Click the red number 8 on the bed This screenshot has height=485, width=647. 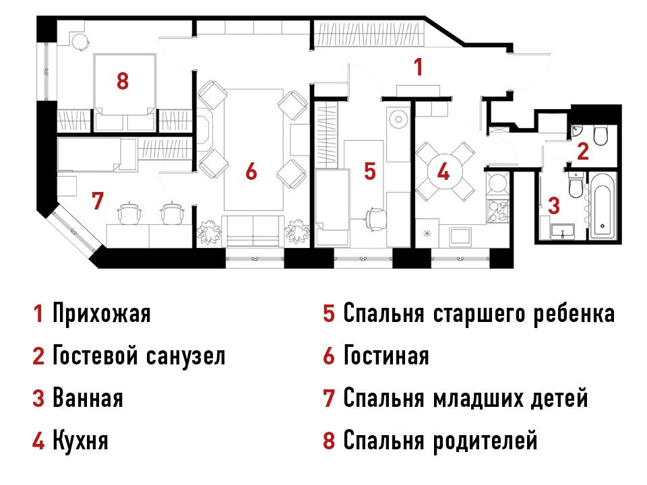[x=123, y=81]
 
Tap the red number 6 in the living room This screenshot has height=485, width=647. [x=251, y=170]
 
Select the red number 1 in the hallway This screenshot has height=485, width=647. [x=419, y=67]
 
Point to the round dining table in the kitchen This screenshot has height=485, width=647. [x=444, y=171]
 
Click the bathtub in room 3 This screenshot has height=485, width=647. [x=603, y=205]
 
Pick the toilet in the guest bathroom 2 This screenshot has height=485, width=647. [x=600, y=135]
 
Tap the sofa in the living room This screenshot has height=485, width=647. [x=253, y=231]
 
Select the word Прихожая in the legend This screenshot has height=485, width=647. [x=102, y=314]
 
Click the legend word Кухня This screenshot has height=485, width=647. [x=80, y=441]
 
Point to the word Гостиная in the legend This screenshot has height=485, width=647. [x=386, y=356]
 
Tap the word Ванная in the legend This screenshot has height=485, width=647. [x=88, y=398]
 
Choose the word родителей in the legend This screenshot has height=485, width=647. [x=485, y=441]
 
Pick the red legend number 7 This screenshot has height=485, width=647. [x=328, y=398]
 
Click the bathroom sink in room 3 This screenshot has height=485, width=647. [x=562, y=231]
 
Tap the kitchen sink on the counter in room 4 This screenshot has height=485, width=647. [x=460, y=236]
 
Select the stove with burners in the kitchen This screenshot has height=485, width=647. [x=499, y=211]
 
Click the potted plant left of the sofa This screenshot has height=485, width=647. [x=209, y=232]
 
